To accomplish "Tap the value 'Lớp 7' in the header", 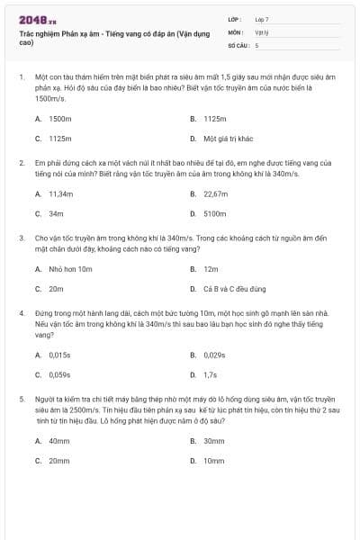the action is pos(262,19).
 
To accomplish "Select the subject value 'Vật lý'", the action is pos(261,31).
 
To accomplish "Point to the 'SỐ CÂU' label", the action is pos(238,44).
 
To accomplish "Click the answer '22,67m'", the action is pos(216,193).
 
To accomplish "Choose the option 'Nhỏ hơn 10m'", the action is pos(71,269).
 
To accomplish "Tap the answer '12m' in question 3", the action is pos(211,269).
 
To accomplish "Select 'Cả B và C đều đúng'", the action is pos(236,289).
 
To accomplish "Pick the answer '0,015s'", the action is pos(60,355).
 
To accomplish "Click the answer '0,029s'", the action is pos(215,355).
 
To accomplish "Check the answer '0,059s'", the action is pos(60,374).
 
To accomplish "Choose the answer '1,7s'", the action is pos(211,374).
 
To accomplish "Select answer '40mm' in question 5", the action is pos(59,441).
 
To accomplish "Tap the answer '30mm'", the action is pos(214,441).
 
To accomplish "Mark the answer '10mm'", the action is pos(214,461).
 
